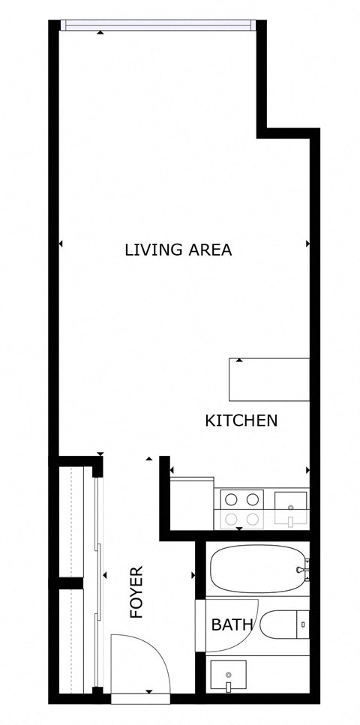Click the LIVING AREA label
(x=178, y=250)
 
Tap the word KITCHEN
(x=241, y=421)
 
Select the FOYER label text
(x=136, y=592)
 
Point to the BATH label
(x=232, y=624)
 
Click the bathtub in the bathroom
(x=255, y=568)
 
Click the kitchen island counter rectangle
(x=269, y=379)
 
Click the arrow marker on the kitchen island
(x=238, y=361)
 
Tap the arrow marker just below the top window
(x=100, y=32)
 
